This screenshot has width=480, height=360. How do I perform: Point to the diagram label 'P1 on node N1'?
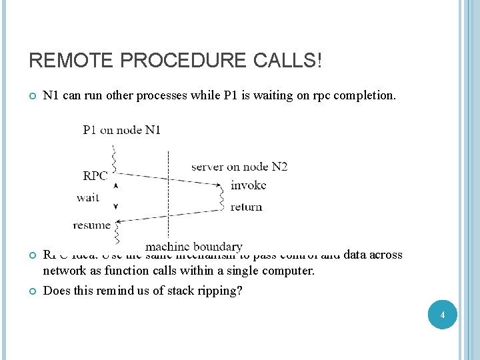(x=121, y=130)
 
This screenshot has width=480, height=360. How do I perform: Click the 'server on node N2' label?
(x=239, y=166)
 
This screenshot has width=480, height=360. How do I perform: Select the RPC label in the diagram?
(x=95, y=176)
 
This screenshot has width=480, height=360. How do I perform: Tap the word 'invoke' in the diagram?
(x=248, y=185)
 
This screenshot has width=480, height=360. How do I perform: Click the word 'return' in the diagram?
(x=246, y=207)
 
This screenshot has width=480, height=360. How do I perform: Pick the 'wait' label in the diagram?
(x=88, y=197)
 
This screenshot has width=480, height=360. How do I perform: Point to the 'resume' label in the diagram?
(x=91, y=225)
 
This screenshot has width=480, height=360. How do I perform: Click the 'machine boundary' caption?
(x=194, y=247)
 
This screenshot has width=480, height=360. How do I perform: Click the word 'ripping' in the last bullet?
(x=217, y=291)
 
